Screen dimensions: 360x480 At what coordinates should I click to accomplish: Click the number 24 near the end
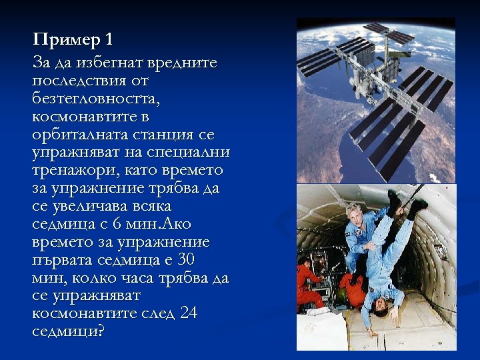(189, 313)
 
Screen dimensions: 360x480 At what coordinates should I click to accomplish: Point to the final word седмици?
(68, 331)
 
